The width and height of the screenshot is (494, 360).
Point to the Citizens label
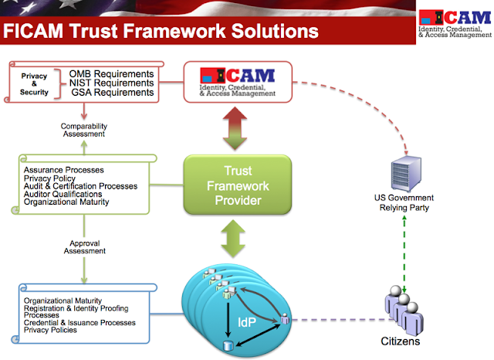(400, 340)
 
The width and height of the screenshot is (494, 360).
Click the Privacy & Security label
(34, 83)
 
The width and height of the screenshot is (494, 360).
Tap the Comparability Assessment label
(85, 129)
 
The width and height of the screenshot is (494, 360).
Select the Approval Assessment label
(85, 246)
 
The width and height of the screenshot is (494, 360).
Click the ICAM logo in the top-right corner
(455, 22)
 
